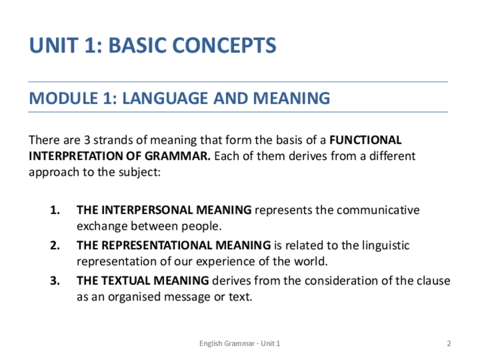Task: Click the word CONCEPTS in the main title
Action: [x=224, y=45]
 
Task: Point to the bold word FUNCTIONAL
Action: [x=365, y=140]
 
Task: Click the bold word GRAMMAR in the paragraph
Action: [x=178, y=156]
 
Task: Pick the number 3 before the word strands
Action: [x=87, y=140]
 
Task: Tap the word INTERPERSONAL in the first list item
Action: [x=147, y=210]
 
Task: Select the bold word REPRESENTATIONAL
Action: [x=156, y=246]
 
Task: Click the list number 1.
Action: [x=55, y=210]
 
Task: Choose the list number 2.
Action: [x=55, y=246]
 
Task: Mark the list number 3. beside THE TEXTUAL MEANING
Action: [x=55, y=281]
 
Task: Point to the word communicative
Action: [x=378, y=210]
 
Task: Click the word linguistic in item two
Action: [x=385, y=246]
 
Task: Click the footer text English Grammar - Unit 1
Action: [x=239, y=344]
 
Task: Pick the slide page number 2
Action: [x=449, y=344]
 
